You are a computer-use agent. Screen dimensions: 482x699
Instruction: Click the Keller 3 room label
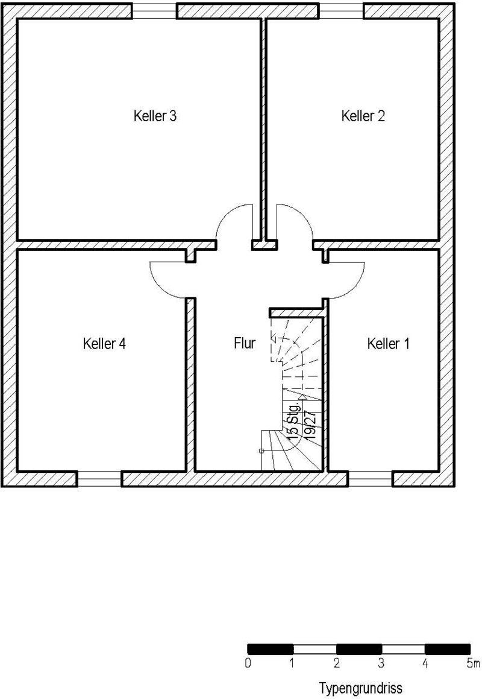pos(155,116)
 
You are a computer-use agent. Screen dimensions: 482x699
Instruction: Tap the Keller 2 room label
pos(363,116)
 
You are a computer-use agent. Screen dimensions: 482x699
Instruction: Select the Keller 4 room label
pos(104,344)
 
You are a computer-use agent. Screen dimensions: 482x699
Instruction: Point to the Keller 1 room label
pos(389,344)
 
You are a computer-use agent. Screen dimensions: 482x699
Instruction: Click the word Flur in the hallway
pos(245,343)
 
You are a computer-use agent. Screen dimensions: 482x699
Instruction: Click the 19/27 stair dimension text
pos(311,425)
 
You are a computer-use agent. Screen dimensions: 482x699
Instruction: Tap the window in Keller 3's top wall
pos(155,11)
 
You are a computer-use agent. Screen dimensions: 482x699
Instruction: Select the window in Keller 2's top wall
pos(341,11)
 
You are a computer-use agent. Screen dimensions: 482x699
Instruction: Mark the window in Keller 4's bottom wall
pos(99,478)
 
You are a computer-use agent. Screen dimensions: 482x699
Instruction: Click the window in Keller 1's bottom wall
pos(370,478)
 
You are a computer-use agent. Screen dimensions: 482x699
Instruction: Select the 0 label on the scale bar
pos(248,663)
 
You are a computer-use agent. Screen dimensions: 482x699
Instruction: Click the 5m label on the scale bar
pos(473,663)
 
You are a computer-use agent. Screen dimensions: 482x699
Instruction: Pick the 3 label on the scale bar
pos(381,663)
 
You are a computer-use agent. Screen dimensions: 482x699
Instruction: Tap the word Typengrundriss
pos(361,688)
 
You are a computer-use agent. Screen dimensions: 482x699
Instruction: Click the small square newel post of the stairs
pos(261,451)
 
